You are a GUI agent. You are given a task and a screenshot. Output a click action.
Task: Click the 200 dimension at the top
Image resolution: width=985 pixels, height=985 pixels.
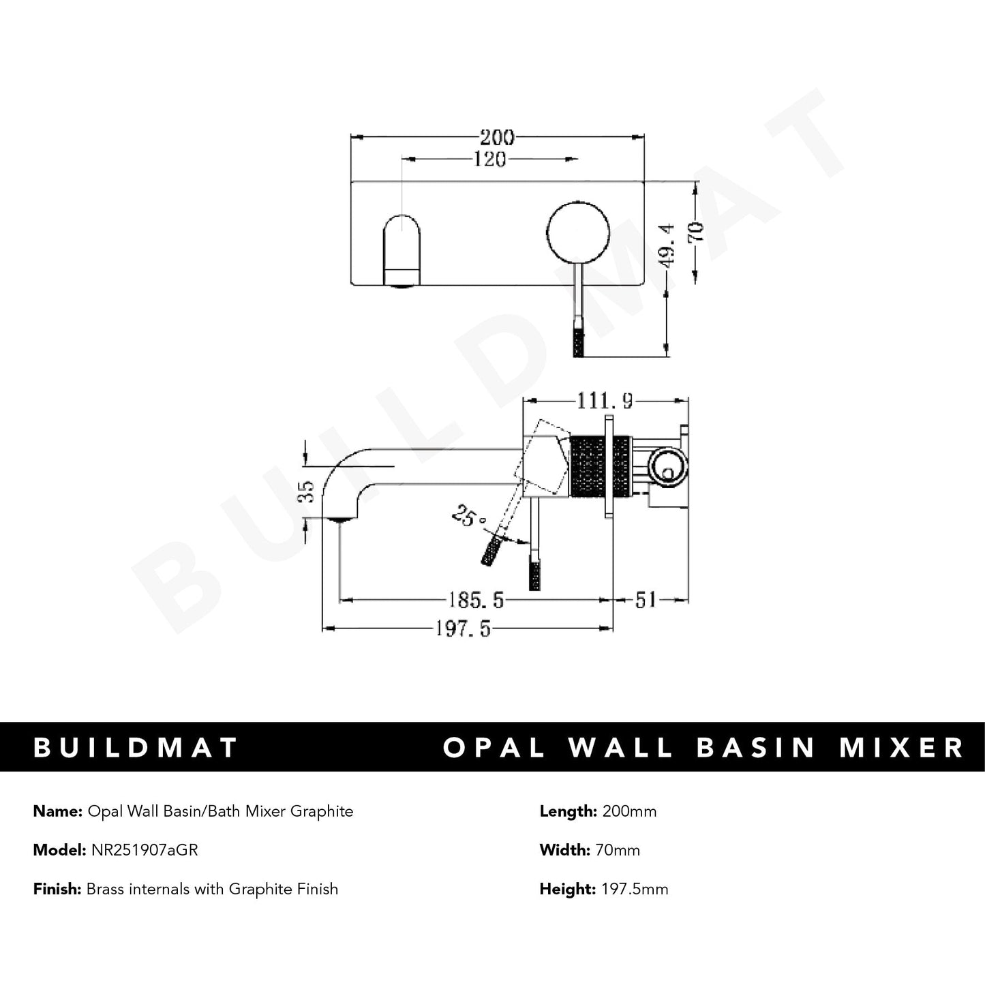(x=496, y=137)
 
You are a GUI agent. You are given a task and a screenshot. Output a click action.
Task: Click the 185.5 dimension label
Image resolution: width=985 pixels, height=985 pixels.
(x=476, y=600)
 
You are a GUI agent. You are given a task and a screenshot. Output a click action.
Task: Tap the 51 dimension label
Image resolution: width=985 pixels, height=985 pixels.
(x=646, y=600)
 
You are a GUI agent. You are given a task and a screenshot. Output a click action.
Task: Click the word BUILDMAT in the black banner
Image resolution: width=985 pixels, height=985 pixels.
(x=136, y=747)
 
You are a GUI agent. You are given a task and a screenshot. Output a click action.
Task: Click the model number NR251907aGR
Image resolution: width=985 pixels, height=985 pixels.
(x=143, y=850)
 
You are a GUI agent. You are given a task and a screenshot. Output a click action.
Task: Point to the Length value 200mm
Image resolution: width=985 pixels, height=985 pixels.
(x=628, y=811)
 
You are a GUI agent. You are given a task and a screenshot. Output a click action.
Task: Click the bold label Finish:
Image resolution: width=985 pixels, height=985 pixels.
(x=57, y=889)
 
